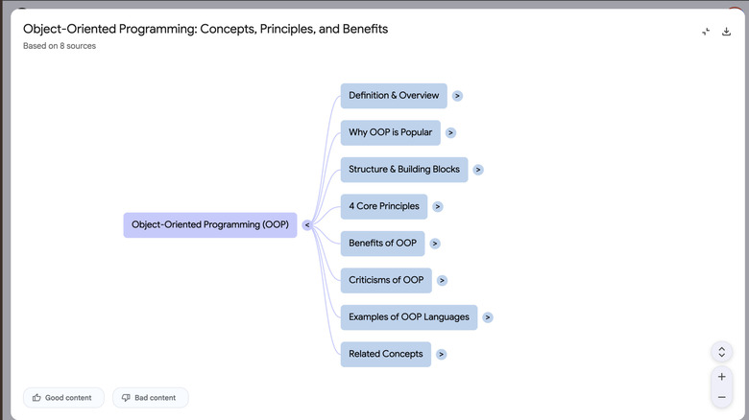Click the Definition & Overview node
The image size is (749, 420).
394,96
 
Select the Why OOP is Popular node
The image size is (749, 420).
390,132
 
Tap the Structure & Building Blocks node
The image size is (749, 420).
403,170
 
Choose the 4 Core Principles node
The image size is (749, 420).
383,206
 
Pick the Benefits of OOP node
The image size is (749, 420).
382,244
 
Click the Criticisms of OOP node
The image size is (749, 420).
385,280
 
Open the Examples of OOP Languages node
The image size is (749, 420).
408,317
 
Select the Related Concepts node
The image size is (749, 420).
385,354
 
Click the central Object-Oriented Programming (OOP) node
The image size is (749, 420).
209,225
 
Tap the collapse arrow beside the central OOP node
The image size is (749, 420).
306,225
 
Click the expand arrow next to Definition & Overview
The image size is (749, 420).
458,96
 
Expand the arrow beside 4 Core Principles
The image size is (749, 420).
438,206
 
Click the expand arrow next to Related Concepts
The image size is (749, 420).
441,354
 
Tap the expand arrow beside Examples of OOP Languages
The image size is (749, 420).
488,317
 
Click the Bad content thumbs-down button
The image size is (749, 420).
150,397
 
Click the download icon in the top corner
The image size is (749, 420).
727,32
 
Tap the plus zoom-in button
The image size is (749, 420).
722,377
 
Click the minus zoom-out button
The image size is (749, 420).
722,397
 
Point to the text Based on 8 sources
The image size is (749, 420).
60,46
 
